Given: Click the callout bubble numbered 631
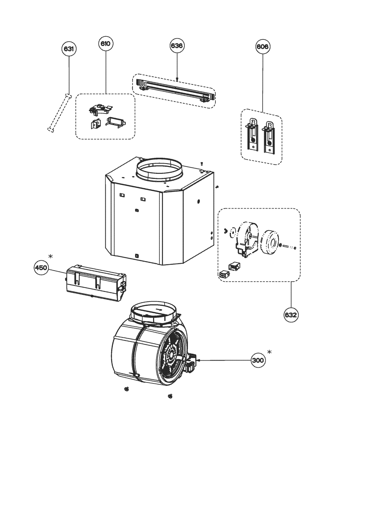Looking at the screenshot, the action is (x=69, y=49).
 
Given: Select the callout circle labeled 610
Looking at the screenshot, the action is (x=106, y=44).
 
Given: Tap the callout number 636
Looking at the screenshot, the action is (x=177, y=45).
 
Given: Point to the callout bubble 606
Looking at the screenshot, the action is (x=262, y=47).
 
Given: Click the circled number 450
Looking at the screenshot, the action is (x=41, y=268).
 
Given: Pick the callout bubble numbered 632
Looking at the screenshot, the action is (x=291, y=315).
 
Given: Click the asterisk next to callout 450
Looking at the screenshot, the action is (x=50, y=256).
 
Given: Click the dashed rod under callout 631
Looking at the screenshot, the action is (x=59, y=112).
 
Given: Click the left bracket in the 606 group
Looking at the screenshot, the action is (x=253, y=137).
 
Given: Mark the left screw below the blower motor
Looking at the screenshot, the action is (x=126, y=389).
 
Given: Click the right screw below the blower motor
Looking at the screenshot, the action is (x=170, y=396).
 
